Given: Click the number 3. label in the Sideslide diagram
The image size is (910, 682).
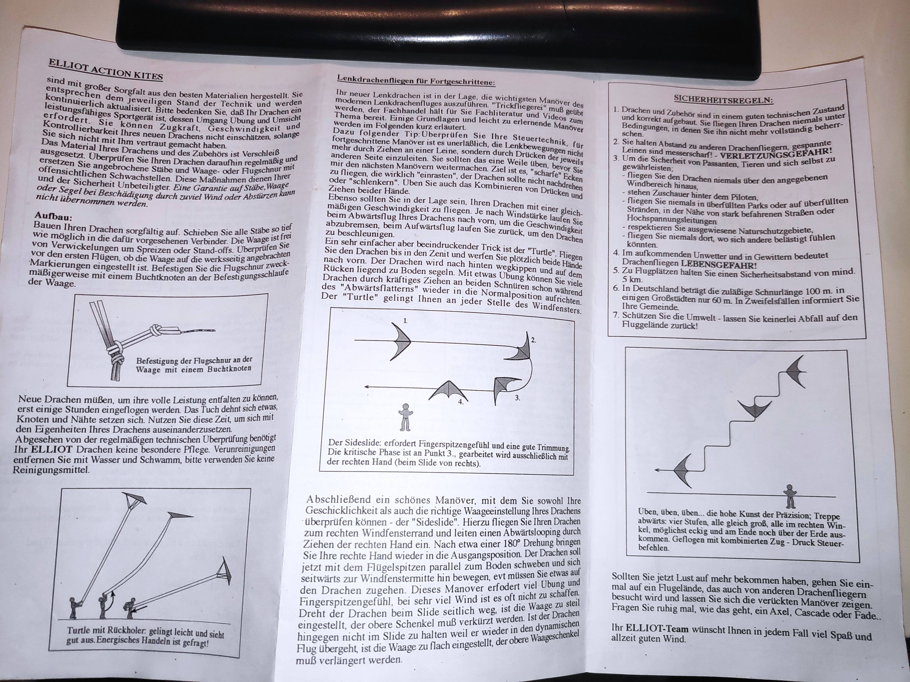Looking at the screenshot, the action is [x=517, y=398].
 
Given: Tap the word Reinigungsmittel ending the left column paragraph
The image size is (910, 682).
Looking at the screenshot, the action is [x=51, y=470].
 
